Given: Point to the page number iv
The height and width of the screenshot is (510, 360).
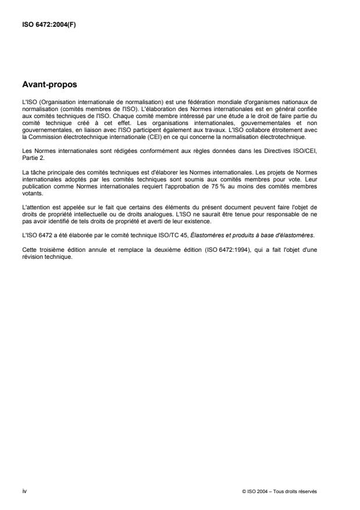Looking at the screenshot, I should [x=24, y=491].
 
